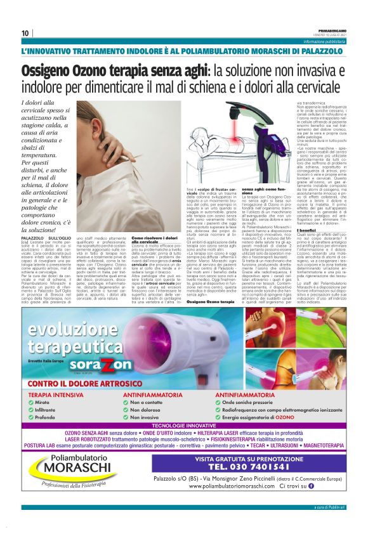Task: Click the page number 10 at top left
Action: (25, 34)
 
